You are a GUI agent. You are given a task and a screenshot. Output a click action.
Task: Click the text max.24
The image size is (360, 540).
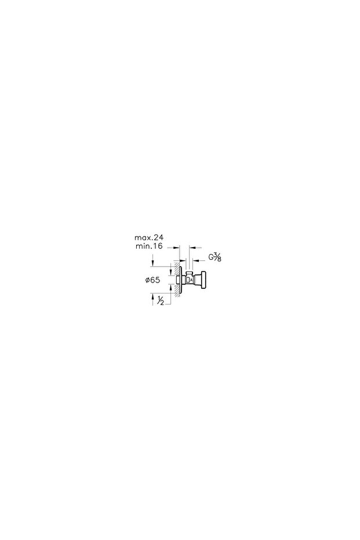click(x=149, y=237)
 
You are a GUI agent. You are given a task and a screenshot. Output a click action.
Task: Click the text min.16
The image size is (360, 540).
click(x=148, y=247)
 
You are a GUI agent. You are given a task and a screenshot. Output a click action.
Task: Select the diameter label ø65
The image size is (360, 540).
click(x=152, y=280)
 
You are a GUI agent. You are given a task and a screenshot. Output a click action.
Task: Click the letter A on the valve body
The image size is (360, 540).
click(x=190, y=280)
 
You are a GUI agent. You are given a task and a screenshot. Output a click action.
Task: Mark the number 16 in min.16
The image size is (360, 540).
click(x=157, y=247)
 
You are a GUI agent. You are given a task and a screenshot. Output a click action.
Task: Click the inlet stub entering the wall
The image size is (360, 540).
click(x=177, y=280)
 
